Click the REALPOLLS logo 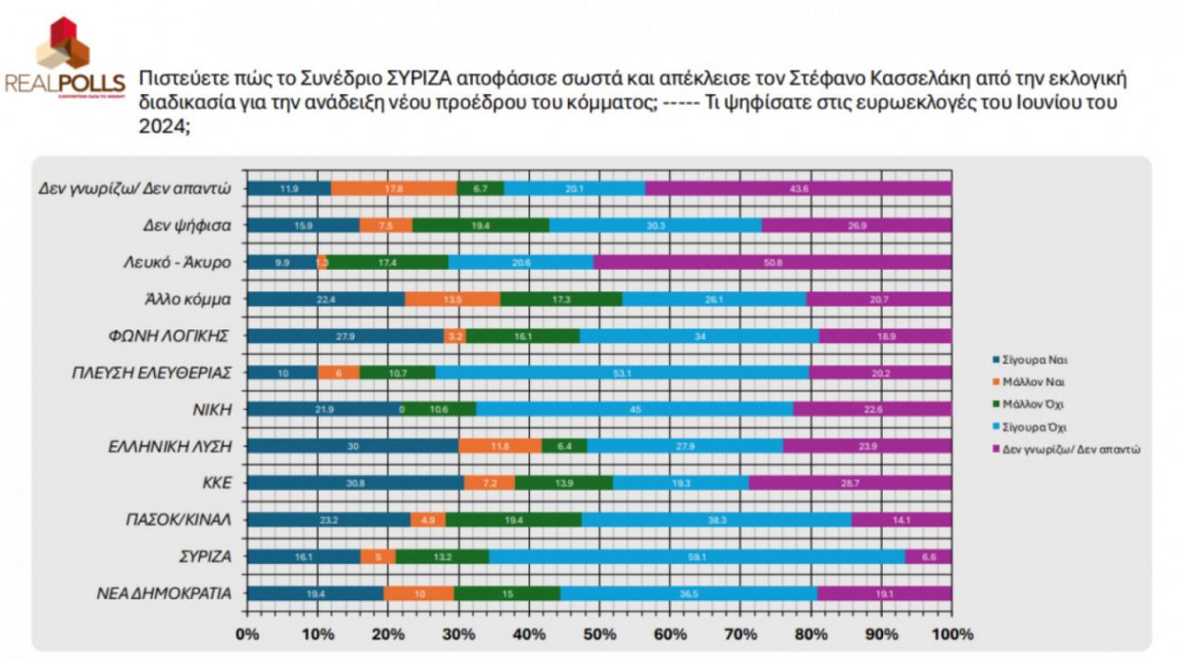pos(64,59)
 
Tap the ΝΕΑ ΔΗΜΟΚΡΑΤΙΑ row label pos(165,592)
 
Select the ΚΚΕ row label pos(216,482)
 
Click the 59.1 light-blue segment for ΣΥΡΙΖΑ pos(696,556)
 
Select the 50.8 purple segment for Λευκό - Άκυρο pos(772,262)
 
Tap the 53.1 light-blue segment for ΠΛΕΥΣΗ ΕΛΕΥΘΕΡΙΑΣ pos(623,372)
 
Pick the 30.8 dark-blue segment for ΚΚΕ pos(355,482)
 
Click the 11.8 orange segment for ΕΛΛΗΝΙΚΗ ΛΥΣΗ pos(500,445)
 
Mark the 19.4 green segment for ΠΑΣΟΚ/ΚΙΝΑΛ pos(513,520)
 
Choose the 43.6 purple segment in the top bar pos(797,188)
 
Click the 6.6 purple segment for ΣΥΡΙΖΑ pos(928,556)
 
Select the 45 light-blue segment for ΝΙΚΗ pos(635,409)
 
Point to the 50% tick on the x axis pos(598,633)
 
